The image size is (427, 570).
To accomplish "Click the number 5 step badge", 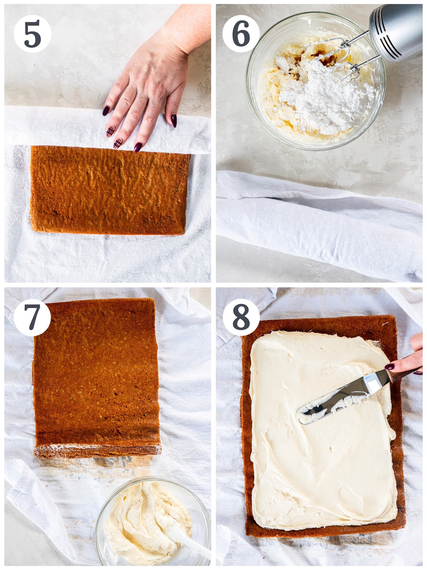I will (32, 34).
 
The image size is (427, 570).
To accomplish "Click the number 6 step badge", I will (241, 34).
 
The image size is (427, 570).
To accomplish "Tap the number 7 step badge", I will (32, 317).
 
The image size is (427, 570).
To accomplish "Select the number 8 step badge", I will (241, 317).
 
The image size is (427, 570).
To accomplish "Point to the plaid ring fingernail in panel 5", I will (110, 131).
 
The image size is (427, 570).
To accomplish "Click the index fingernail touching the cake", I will (138, 147).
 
